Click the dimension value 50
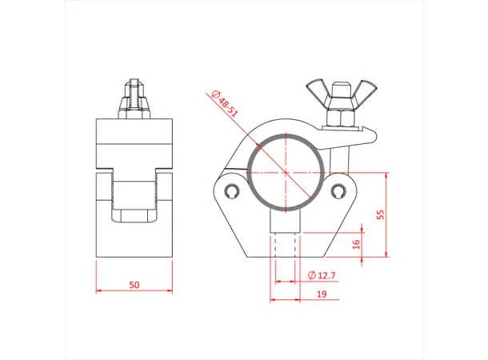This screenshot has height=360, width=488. pos(134,283)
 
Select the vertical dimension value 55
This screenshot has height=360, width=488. pos(381,214)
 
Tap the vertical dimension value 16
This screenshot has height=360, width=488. pos(356,243)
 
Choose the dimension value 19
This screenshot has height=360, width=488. pos(320,294)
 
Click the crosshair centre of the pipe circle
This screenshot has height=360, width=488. pos(286,172)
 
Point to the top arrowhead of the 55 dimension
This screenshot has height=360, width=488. pos(386,174)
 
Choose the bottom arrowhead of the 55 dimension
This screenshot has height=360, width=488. pos(386,258)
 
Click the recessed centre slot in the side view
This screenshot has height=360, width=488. pos(134,200)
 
